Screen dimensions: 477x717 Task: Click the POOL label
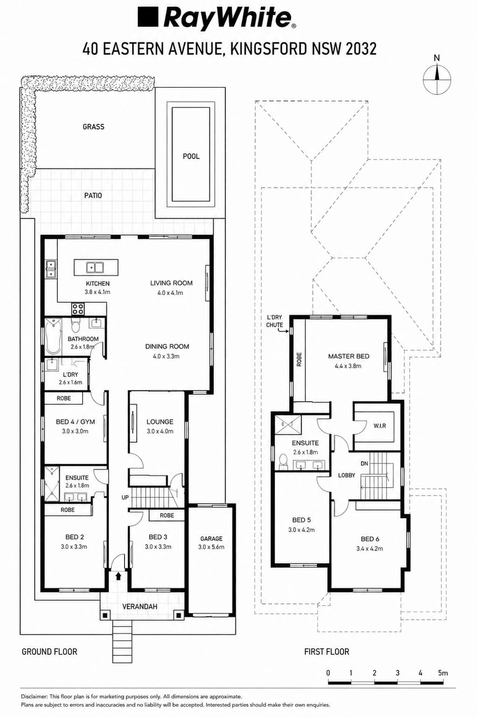(x=191, y=156)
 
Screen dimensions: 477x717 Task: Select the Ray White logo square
(x=148, y=17)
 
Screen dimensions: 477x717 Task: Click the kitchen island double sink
(x=95, y=267)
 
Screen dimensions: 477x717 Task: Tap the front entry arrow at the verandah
(x=118, y=576)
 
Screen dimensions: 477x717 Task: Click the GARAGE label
(x=211, y=539)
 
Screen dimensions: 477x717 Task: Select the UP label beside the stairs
(x=125, y=497)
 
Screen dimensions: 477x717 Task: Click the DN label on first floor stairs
(x=364, y=463)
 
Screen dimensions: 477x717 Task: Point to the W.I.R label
(x=380, y=426)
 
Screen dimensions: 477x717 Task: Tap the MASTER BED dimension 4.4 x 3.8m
(x=348, y=366)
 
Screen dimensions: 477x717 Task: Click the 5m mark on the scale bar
(x=443, y=673)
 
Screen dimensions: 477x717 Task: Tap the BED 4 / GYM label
(x=75, y=422)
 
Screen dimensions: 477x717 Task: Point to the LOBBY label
(x=346, y=475)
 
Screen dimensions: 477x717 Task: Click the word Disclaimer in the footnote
(x=35, y=696)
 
